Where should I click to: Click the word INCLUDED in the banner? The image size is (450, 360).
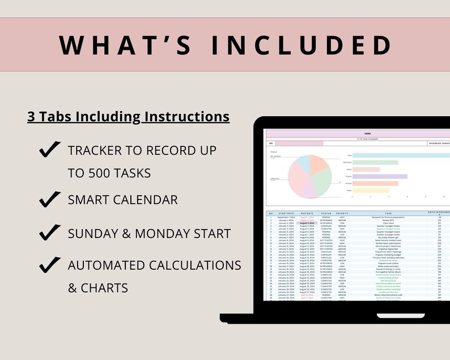(x=300, y=45)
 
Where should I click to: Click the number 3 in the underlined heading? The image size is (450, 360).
(x=31, y=117)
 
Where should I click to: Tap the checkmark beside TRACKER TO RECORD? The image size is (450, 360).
(x=50, y=150)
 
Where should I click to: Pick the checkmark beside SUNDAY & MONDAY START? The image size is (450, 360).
(x=50, y=232)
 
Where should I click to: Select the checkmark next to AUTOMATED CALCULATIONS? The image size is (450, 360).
(x=50, y=264)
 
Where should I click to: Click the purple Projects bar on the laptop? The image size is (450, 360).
(x=380, y=176)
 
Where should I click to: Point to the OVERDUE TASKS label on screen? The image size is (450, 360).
(x=439, y=144)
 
